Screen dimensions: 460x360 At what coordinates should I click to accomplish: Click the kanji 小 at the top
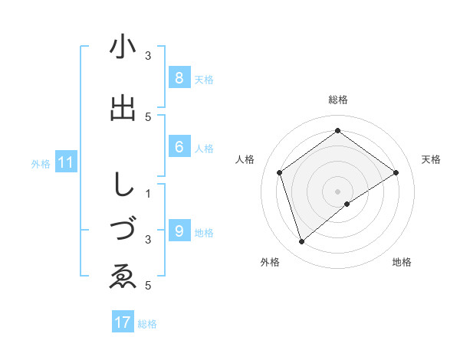pyautogui.click(x=123, y=47)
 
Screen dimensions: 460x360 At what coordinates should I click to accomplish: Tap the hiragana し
pyautogui.click(x=122, y=184)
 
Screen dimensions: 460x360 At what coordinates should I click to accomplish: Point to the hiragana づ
pyautogui.click(x=123, y=229)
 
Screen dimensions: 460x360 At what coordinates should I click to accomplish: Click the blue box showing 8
pyautogui.click(x=179, y=77)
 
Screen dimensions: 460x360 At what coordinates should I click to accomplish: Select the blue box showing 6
pyautogui.click(x=179, y=147)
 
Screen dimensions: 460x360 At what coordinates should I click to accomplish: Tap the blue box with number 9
pyautogui.click(x=179, y=231)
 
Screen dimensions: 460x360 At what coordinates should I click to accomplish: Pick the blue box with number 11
pyautogui.click(x=66, y=162)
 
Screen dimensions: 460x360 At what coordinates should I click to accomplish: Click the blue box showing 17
pyautogui.click(x=123, y=322)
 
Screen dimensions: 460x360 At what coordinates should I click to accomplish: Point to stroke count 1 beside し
pyautogui.click(x=148, y=192)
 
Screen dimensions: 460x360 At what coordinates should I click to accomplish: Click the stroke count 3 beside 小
pyautogui.click(x=148, y=56)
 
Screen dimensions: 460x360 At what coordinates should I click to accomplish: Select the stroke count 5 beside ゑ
pyautogui.click(x=148, y=286)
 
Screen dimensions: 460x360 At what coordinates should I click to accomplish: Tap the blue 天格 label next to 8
pyautogui.click(x=204, y=79)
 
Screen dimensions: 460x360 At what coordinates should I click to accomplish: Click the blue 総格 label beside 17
pyautogui.click(x=147, y=324)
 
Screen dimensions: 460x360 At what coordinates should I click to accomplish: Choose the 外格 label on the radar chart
pyautogui.click(x=270, y=262)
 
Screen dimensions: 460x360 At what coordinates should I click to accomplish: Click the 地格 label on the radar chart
pyautogui.click(x=402, y=262)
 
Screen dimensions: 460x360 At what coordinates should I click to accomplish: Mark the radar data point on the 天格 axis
pyautogui.click(x=396, y=172)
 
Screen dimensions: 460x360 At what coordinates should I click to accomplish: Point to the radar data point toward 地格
pyautogui.click(x=347, y=204)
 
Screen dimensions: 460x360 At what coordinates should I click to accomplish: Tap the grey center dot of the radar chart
pyautogui.click(x=337, y=191)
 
